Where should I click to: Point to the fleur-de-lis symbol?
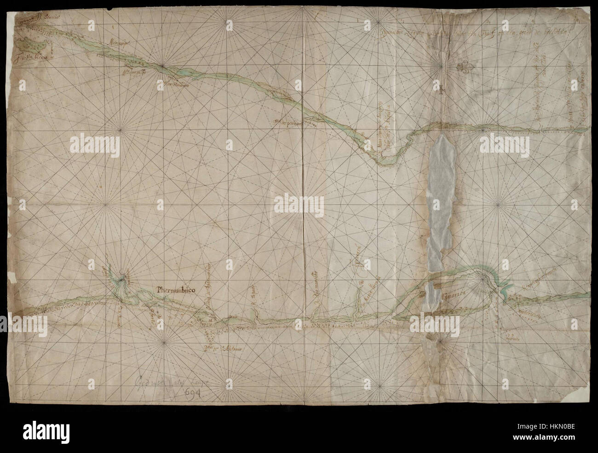(x=464, y=67)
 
